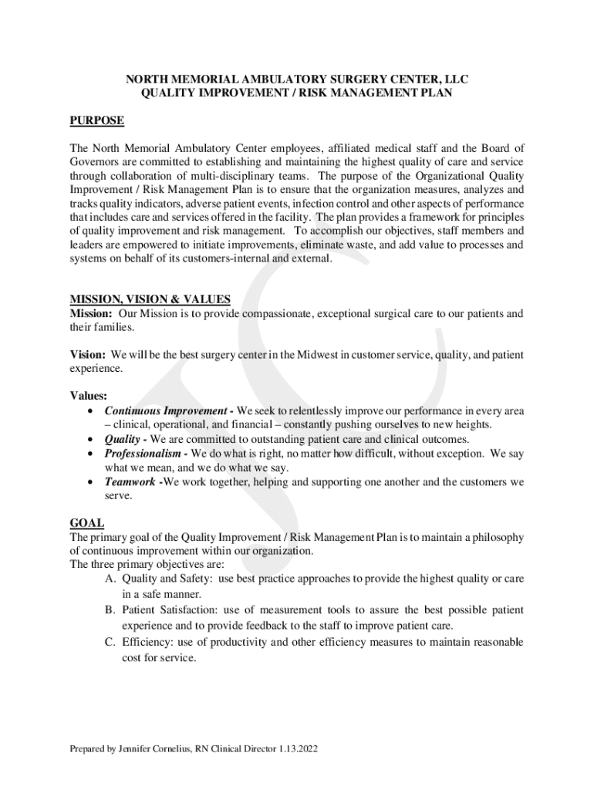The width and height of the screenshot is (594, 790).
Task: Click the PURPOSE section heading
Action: (97, 121)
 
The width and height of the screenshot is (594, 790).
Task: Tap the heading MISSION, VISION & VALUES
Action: (150, 300)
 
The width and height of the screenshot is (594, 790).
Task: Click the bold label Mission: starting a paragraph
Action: (92, 314)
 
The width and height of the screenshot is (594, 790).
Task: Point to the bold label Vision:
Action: (88, 355)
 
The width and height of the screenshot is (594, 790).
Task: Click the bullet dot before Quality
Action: (92, 440)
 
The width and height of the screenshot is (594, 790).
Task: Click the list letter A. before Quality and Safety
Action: (111, 579)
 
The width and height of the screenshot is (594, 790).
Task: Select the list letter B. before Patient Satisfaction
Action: (111, 609)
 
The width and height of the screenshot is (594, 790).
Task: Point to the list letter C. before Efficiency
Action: (111, 642)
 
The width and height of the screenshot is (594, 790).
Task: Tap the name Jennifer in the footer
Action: (139, 749)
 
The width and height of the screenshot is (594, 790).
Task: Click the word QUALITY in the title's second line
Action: (169, 93)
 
